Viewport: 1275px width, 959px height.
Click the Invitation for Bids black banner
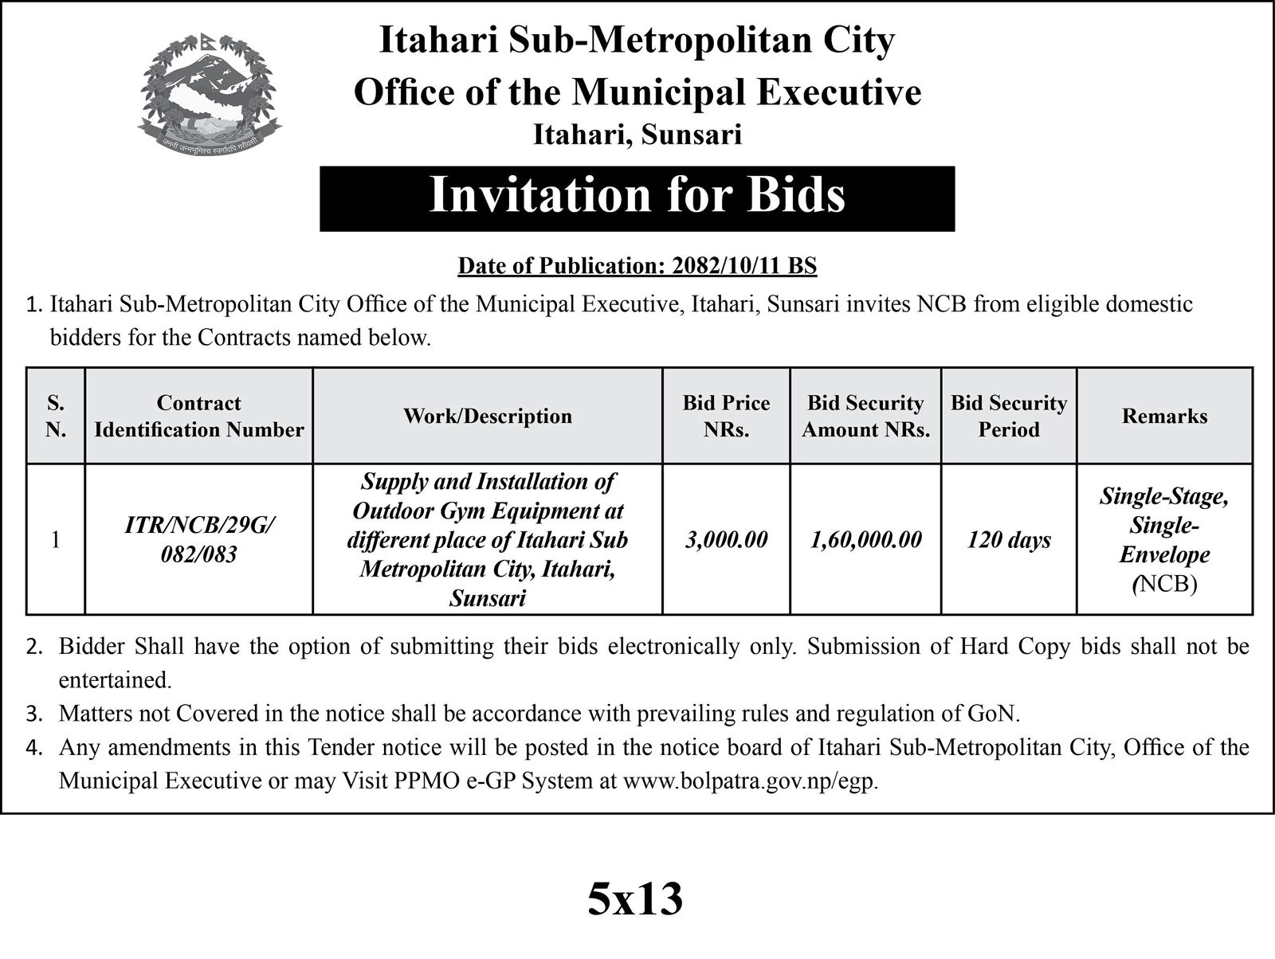[637, 198]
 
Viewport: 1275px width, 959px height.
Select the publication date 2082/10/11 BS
[744, 265]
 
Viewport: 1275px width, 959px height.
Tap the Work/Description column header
[487, 416]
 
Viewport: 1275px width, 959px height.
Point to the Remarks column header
[1164, 416]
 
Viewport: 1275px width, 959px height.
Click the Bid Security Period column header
[1008, 416]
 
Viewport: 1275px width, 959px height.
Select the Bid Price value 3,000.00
[726, 540]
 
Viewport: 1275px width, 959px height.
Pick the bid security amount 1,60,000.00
[865, 540]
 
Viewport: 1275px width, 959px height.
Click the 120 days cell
[1008, 540]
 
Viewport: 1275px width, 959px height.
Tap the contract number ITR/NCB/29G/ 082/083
[198, 539]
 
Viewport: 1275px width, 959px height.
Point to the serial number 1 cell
[55, 540]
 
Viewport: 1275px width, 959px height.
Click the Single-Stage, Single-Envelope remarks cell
[1164, 540]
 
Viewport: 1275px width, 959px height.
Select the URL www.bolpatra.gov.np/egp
[750, 781]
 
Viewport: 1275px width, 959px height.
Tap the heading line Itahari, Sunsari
[637, 135]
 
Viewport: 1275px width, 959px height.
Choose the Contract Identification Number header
[198, 416]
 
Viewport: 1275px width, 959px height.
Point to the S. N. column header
[55, 416]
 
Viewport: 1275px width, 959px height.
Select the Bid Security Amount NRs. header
[865, 416]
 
